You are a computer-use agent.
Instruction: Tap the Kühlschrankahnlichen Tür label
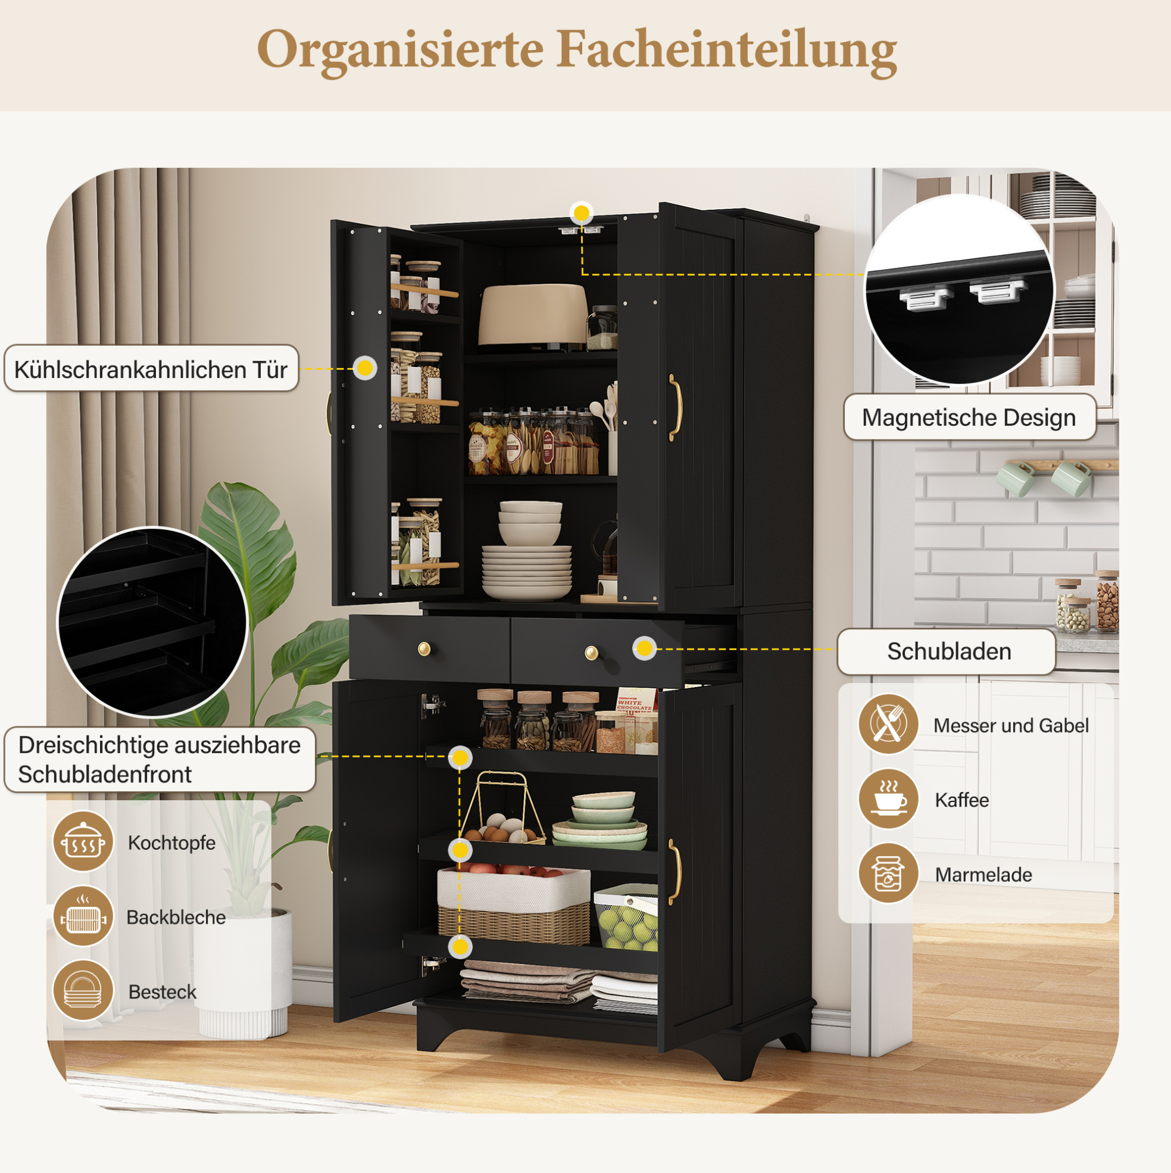pos(151,369)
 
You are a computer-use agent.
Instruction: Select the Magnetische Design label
pos(969,417)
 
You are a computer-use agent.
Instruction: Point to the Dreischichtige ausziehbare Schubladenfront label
pos(160,760)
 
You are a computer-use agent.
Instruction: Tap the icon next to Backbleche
pos(83,916)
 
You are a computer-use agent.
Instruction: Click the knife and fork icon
pos(888,724)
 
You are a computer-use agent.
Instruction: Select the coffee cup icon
pos(888,799)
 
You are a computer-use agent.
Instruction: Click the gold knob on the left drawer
pos(424,649)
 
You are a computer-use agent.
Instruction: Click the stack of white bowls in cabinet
pos(529,523)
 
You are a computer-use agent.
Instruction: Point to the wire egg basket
pos(502,809)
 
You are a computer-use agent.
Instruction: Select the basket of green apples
pos(626,918)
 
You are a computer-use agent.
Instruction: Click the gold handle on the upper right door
pos(675,407)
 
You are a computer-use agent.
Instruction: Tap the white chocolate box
pos(636,720)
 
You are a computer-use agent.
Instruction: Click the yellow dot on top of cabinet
pos(582,213)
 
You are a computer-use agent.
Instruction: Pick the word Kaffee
pos(962,800)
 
